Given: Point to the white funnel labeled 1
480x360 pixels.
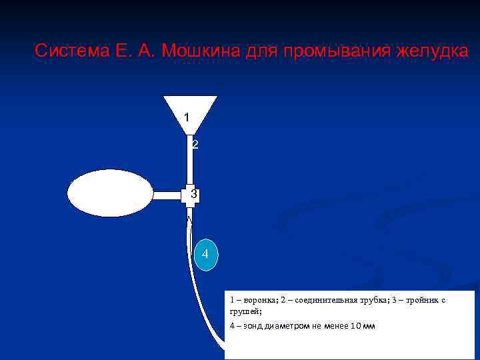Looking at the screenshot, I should pos(190,112).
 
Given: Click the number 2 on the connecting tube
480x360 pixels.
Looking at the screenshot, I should pos(194,145).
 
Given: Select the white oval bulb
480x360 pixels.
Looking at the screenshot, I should pos(111,193).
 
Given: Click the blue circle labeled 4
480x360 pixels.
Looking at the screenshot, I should pos(205,254).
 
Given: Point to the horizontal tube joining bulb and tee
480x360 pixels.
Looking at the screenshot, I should pos(168,195).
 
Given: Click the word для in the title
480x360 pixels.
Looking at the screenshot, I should pos(262,51).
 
